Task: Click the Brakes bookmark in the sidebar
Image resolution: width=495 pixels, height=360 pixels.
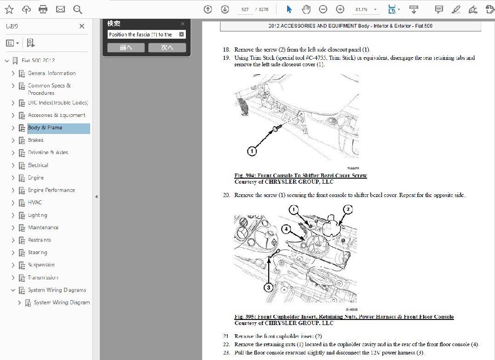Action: (35, 140)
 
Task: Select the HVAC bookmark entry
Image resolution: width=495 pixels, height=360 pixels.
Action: (35, 203)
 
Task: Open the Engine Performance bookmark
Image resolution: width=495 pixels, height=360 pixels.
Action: (51, 190)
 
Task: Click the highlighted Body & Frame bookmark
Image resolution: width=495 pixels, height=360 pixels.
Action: (45, 128)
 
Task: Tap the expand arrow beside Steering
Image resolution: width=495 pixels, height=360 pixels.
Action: (13, 253)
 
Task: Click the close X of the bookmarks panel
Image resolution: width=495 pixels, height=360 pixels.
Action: (82, 27)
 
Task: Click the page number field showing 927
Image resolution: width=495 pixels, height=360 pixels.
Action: (245, 9)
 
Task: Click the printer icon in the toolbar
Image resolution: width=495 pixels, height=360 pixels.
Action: (43, 9)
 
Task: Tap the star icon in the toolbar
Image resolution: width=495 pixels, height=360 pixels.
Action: (9, 9)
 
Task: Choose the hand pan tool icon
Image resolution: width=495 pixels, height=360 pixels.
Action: (306, 9)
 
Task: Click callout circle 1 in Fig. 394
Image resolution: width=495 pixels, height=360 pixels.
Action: (253, 151)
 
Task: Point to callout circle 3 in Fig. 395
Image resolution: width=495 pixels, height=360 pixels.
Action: (269, 287)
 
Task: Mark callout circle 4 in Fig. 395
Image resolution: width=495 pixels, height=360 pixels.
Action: (286, 228)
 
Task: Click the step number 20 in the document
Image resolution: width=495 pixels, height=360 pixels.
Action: (226, 195)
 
